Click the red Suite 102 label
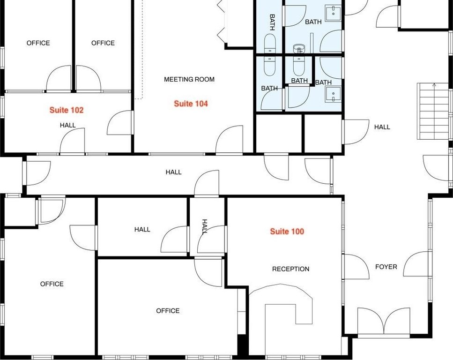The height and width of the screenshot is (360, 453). point(67,110)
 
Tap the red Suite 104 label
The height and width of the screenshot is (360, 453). point(191,104)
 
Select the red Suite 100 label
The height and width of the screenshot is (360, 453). point(287,231)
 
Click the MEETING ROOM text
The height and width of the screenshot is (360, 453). point(189,79)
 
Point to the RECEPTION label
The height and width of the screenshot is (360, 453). point(290,269)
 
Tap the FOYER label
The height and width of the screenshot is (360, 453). point(386,267)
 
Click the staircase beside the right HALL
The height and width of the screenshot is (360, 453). point(432,111)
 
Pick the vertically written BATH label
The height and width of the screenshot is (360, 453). point(272,22)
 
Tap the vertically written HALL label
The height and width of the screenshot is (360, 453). point(205,226)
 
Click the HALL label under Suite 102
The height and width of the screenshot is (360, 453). point(67,125)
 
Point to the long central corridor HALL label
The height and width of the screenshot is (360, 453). point(173,172)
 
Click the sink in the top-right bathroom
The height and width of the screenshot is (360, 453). point(333,13)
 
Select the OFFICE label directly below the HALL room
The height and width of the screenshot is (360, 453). point(168,311)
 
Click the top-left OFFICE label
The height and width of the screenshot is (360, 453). point(38,43)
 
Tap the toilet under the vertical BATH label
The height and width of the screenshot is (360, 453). point(270,44)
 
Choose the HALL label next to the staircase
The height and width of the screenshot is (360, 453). point(382,127)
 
